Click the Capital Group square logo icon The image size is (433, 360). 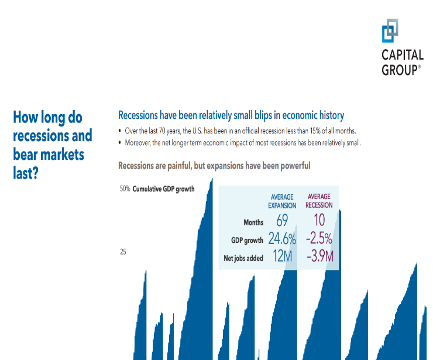pos(390,30)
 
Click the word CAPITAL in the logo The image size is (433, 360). pos(403,56)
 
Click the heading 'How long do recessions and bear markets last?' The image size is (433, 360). pos(52,145)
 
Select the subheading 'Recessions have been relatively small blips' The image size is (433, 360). pos(231,115)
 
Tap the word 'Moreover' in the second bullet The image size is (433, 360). pos(139,142)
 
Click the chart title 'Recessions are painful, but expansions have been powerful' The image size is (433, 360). pos(214,166)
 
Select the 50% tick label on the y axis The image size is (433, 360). pos(124,189)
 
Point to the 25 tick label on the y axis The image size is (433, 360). pos(123,252)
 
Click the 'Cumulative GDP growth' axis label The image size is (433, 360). pos(163,189)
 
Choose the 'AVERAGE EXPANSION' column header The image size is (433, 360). pos(282,201)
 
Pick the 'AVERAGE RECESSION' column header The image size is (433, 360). pos(319,201)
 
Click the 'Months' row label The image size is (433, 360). pos(253,222)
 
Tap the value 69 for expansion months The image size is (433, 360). pos(283,221)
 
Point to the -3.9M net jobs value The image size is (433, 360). pos(319,257)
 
